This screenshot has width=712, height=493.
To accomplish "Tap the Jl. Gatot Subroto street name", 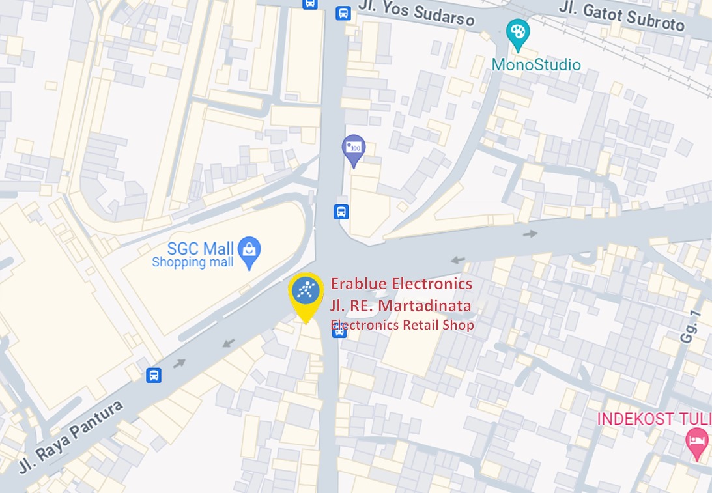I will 621,17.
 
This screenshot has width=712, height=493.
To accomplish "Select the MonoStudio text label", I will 536,64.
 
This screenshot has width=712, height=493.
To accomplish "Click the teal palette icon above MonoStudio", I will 518,33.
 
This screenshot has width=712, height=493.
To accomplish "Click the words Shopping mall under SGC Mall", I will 192,262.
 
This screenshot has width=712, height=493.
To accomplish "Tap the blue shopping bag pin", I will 249,251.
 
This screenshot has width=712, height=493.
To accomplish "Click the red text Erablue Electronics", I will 401,284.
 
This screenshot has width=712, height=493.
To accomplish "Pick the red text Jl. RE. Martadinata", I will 401,305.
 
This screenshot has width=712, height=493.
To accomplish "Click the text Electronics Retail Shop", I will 403,325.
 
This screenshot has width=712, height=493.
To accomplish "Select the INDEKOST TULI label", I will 654,418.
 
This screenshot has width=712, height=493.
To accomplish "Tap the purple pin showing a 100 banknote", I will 354,148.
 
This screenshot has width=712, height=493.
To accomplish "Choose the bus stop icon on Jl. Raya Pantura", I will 154,375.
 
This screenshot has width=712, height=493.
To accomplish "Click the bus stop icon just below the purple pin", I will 341,212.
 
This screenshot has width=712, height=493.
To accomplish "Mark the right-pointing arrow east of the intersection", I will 532,234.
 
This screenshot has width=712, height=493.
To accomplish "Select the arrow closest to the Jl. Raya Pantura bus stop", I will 179,363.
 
